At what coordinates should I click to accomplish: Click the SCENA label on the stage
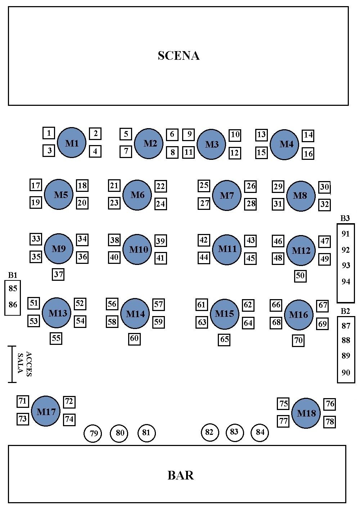179,55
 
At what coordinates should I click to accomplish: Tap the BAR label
180,475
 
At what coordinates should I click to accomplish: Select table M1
72,143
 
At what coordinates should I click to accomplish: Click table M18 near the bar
306,413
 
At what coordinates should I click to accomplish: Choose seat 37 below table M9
58,275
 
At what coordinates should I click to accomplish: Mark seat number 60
134,338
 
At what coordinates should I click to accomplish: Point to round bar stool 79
93,433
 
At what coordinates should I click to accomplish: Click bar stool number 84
260,432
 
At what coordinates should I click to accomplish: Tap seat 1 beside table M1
49,133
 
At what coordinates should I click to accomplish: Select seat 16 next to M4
308,154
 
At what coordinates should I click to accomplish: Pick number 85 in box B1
13,288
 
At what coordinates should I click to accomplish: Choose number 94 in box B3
346,281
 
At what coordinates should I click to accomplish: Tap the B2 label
345,311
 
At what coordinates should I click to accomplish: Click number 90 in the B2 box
346,373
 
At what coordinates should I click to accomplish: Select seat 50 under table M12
300,276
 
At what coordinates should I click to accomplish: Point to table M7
227,195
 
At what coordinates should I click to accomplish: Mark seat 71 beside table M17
23,401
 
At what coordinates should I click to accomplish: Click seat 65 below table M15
224,339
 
